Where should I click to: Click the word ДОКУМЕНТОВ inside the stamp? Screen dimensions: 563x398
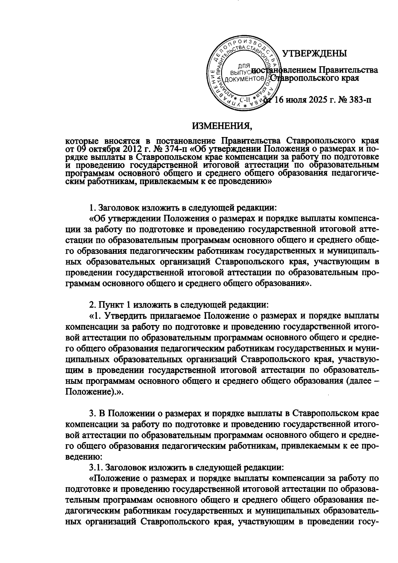[x=244, y=79]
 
